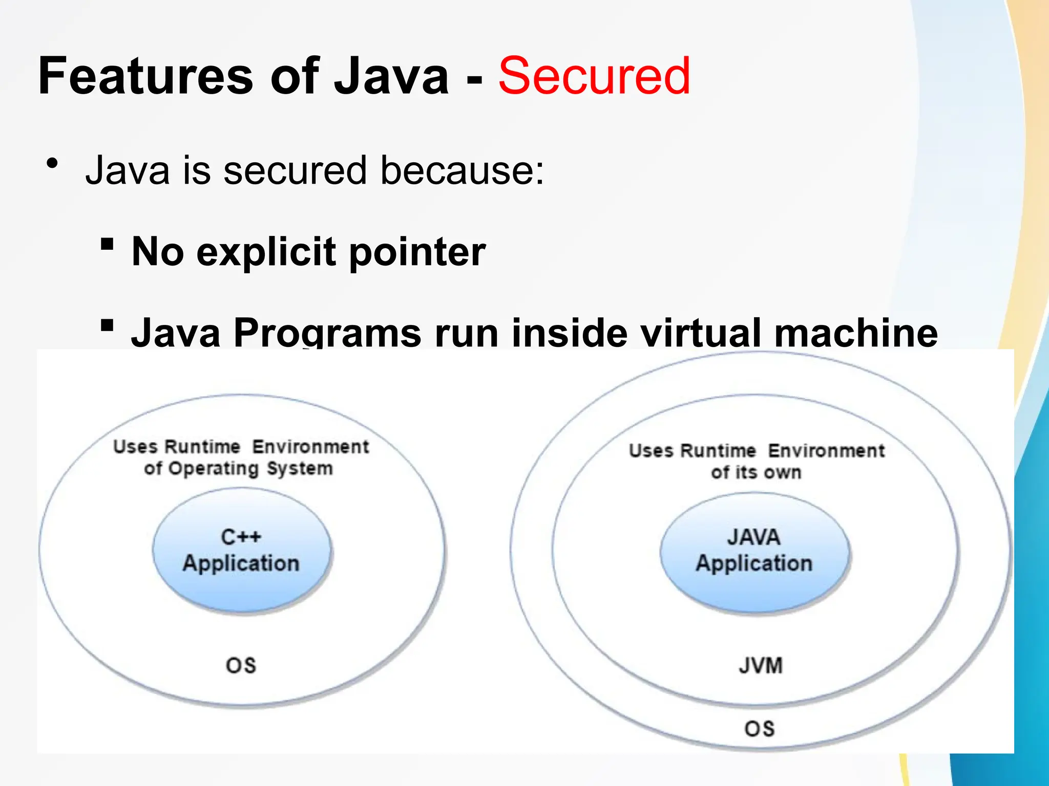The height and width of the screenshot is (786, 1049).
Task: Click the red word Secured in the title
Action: (594, 77)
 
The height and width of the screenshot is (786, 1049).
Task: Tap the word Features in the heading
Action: (145, 77)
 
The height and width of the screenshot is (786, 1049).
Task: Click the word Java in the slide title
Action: (391, 77)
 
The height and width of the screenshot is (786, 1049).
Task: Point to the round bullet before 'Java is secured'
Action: (52, 164)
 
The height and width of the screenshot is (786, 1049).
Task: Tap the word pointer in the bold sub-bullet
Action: (417, 252)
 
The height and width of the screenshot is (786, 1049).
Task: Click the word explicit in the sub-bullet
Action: (266, 252)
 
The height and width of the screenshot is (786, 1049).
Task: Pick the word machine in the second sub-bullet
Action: (856, 333)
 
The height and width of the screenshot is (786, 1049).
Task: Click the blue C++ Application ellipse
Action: (241, 551)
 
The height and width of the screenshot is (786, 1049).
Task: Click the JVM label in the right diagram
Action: (761, 666)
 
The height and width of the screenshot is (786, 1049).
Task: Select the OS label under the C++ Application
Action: (241, 666)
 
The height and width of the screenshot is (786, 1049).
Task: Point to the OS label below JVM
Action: (759, 729)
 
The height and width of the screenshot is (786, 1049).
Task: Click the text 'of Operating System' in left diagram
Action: (239, 469)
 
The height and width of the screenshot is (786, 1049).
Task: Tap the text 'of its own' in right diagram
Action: (756, 472)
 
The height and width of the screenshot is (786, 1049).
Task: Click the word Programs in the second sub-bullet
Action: (327, 333)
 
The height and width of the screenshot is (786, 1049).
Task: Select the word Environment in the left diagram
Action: (310, 447)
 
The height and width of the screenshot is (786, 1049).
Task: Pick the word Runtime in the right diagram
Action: (718, 451)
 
